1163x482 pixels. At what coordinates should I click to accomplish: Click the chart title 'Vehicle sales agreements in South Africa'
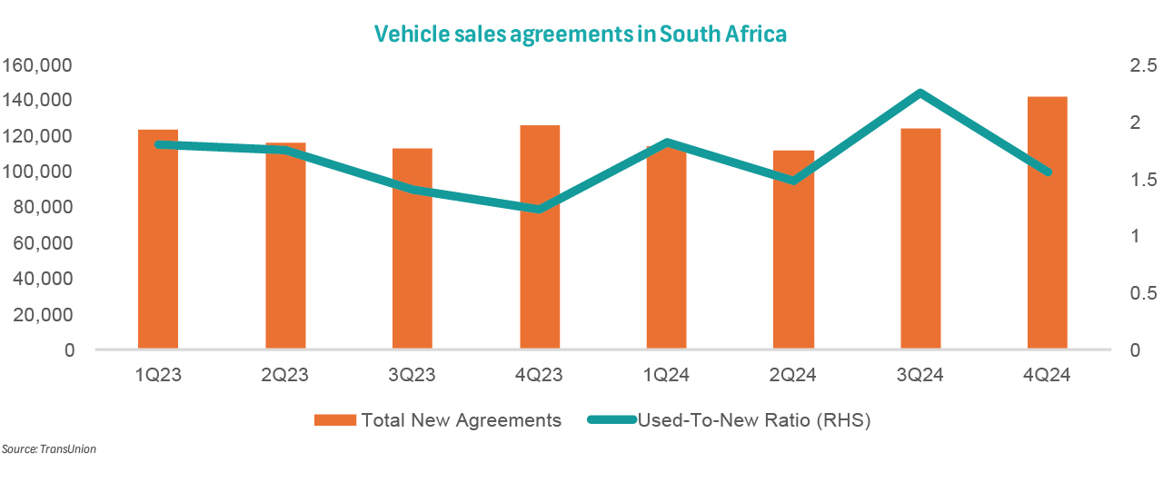point(581,34)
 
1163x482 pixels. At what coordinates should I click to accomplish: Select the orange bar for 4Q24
point(1047,222)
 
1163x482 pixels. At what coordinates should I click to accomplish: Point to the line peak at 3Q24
point(920,93)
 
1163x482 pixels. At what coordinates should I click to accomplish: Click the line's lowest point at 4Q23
point(540,210)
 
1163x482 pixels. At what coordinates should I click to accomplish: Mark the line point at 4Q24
point(1047,172)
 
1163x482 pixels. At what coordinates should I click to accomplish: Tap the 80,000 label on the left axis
point(43,208)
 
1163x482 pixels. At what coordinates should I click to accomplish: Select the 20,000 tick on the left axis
point(43,315)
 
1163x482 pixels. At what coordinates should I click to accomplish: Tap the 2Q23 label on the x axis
point(285,375)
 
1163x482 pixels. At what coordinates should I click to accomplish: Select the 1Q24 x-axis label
point(666,375)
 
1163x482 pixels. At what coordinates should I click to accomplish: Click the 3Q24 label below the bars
point(920,375)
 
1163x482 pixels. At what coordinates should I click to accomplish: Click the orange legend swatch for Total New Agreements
point(333,420)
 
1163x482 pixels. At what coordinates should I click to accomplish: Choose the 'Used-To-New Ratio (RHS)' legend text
point(754,420)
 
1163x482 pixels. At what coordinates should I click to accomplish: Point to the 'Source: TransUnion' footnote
point(48,449)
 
